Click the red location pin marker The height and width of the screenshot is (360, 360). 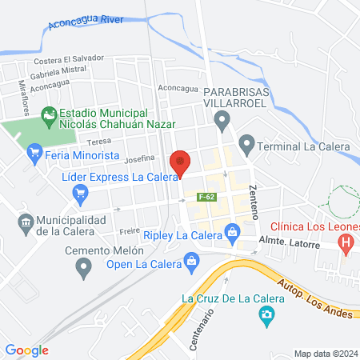181,162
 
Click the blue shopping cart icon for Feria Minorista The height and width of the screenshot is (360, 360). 34,151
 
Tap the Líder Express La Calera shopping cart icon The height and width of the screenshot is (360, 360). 80,192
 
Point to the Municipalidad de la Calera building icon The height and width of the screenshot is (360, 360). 26,221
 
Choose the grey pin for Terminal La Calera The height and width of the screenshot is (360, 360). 246,146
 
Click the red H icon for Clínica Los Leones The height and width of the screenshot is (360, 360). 346,242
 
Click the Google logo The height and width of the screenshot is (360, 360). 27,350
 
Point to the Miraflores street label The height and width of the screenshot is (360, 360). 26,99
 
